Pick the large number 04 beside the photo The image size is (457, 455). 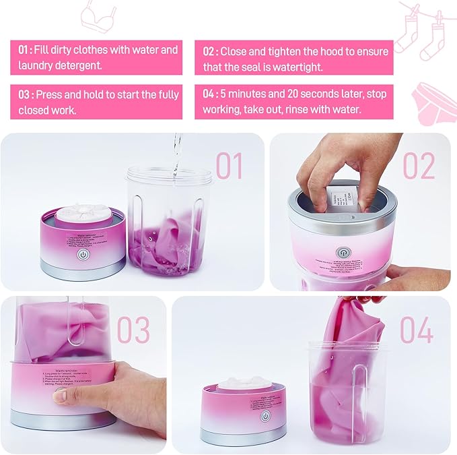(x=418, y=330)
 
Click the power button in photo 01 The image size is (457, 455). (x=83, y=255)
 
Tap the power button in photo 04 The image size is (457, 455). (x=265, y=417)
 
